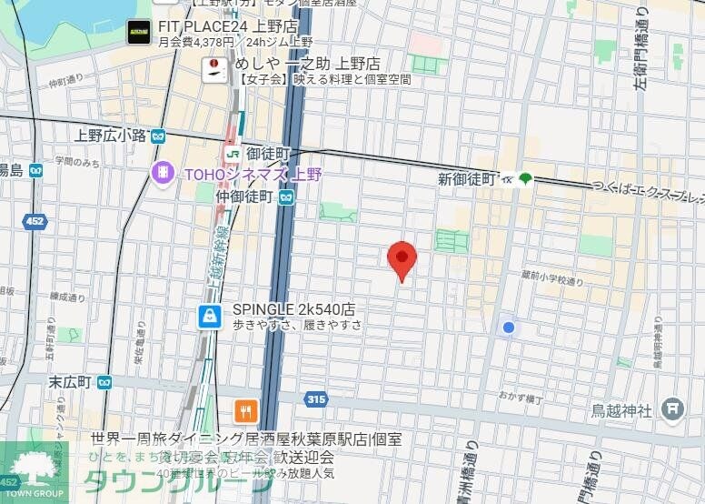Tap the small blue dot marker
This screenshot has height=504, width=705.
(509, 328)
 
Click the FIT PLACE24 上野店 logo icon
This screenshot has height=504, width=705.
(138, 33)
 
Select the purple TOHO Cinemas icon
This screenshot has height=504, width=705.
(164, 172)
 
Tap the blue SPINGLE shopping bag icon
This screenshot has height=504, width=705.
(211, 316)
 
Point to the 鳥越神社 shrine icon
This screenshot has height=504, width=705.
(673, 409)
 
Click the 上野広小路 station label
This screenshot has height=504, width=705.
(111, 136)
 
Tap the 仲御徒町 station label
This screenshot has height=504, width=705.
(244, 196)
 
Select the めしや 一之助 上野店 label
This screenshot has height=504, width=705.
(306, 65)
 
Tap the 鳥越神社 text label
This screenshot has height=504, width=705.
(621, 410)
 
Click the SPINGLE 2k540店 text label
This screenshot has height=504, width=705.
(293, 308)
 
